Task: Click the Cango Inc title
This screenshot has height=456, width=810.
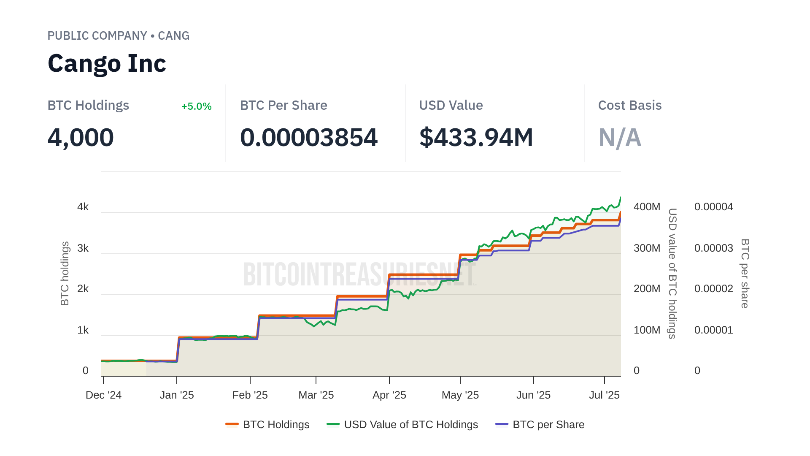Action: coord(107,63)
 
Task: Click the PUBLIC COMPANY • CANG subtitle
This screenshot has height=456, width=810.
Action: coord(118,35)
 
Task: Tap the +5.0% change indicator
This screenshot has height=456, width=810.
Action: coord(196,106)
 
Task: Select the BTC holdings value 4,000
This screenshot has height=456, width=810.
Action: coord(81,138)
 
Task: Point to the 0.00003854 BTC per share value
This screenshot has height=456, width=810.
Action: coord(308,138)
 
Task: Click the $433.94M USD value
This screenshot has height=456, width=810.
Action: coord(476,138)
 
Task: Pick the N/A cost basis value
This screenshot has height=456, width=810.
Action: coord(620,138)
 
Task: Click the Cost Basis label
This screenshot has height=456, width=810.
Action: coord(629,105)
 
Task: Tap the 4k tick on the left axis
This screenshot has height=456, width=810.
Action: coord(83,207)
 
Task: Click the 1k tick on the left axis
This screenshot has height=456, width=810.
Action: coord(83,330)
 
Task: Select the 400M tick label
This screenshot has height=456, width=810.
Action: coord(647,207)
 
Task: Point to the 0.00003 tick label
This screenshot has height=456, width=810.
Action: coord(713,248)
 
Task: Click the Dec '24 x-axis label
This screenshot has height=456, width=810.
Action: coord(103,395)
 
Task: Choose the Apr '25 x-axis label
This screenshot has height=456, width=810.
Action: coord(389,395)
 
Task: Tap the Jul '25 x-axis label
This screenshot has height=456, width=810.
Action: coord(604,395)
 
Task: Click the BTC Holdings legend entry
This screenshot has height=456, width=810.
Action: coord(276,424)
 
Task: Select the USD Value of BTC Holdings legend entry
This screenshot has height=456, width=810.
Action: coord(410,424)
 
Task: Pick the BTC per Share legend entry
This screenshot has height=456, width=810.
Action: coord(548,424)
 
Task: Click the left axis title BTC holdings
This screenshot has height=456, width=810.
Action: coord(65,274)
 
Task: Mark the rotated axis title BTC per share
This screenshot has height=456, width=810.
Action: coord(745,274)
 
